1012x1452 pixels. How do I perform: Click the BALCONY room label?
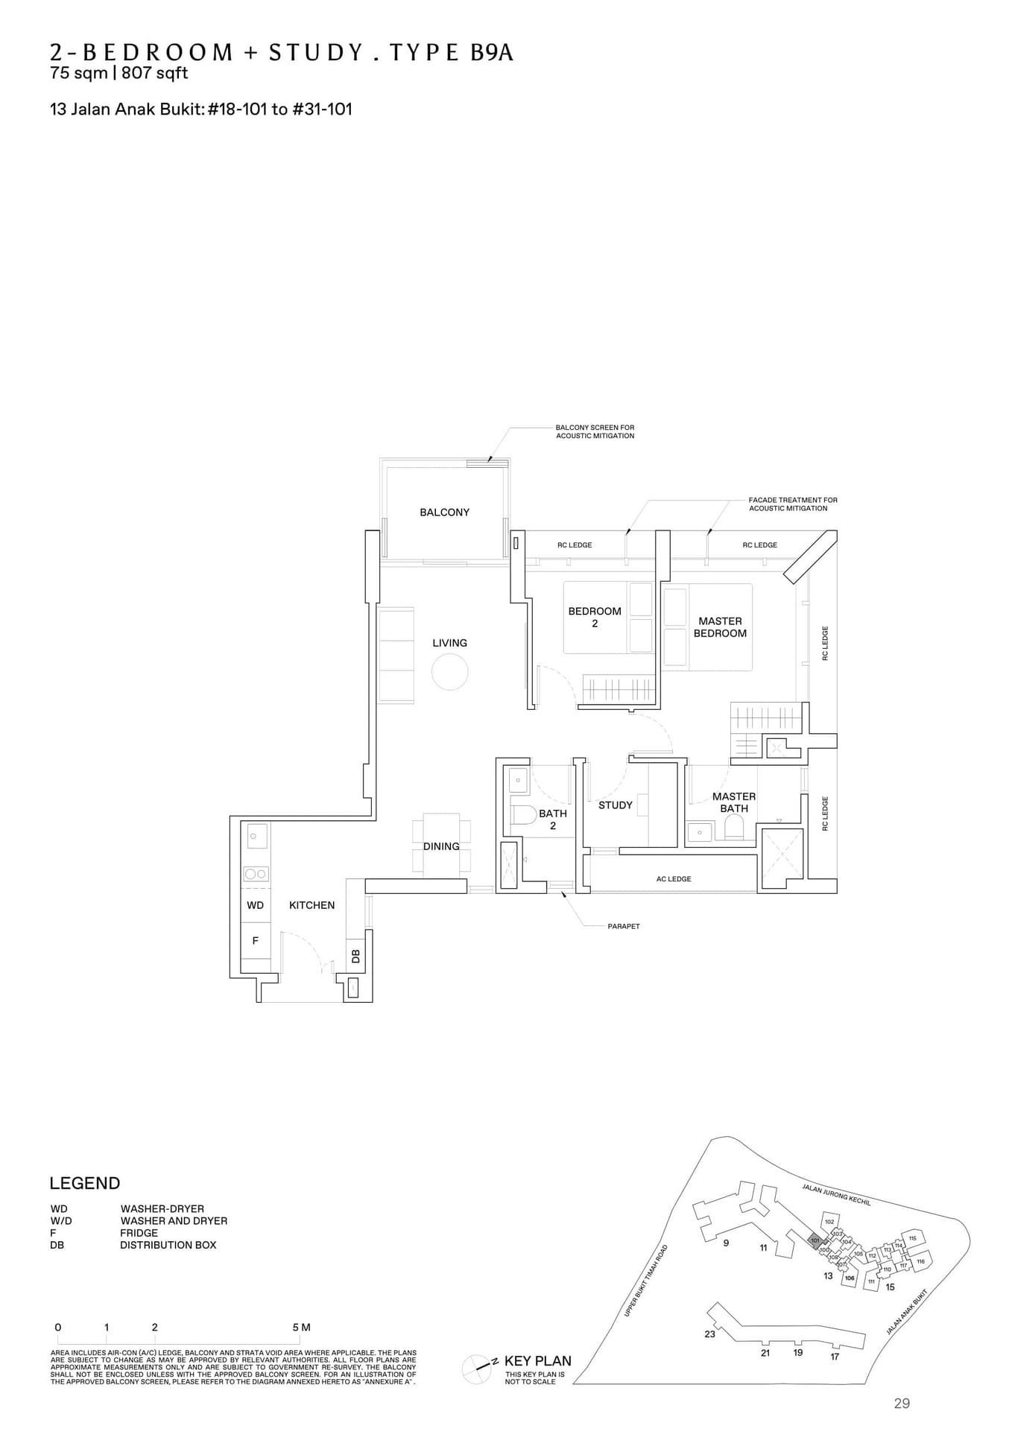444,513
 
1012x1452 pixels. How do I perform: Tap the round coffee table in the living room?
449,671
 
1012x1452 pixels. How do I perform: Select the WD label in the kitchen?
255,906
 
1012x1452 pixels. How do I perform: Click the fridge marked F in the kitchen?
255,941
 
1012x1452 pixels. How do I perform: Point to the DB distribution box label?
355,956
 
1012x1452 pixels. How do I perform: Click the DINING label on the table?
441,846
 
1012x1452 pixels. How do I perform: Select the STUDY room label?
615,805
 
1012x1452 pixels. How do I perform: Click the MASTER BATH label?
733,802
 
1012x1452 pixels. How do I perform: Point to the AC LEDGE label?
673,879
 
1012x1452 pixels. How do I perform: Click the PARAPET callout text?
623,927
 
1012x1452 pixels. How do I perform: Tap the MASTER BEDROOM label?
720,627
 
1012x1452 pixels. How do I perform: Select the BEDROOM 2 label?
594,617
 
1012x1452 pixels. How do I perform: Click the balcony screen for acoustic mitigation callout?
595,431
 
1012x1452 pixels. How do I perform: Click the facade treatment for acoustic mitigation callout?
792,504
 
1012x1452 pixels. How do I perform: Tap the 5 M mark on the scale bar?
301,1328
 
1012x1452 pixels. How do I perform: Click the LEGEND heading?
84,1184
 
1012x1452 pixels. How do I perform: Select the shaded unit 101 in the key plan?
815,1240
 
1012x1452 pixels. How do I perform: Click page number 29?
901,1404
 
